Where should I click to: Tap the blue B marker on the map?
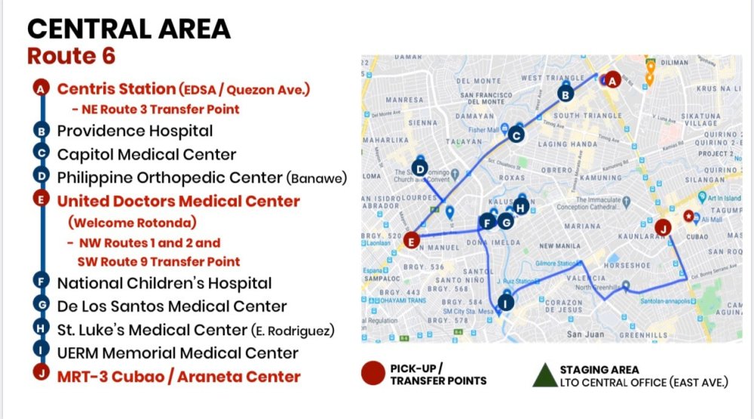tap(564, 94)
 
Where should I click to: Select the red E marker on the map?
tap(411, 241)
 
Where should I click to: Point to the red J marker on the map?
tap(663, 227)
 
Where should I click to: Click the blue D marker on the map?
tap(420, 169)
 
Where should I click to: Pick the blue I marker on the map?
tap(506, 303)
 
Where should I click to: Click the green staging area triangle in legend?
tap(544, 375)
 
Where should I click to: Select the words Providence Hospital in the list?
tap(135, 131)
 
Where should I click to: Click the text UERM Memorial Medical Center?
tap(178, 353)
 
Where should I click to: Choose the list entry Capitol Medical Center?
tap(147, 154)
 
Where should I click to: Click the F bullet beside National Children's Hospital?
tap(42, 283)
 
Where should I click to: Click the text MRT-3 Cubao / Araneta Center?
tap(179, 376)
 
